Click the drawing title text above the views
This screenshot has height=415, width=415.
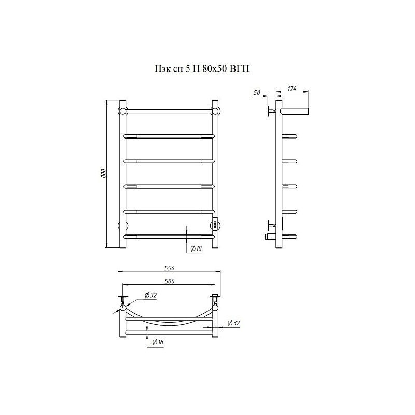tap(202, 69)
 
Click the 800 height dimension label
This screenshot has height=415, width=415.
tap(103, 173)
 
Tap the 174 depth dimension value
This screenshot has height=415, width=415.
tap(292, 89)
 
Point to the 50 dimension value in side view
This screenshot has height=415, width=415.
tap(257, 93)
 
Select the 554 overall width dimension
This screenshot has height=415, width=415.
tap(170, 268)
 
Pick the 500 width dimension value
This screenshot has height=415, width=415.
tap(170, 281)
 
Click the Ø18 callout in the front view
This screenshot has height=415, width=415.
tap(196, 248)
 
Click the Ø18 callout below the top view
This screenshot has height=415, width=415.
tap(158, 342)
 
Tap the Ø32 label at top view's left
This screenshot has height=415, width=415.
tap(150, 295)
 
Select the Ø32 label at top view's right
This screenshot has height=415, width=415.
tap(233, 323)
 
